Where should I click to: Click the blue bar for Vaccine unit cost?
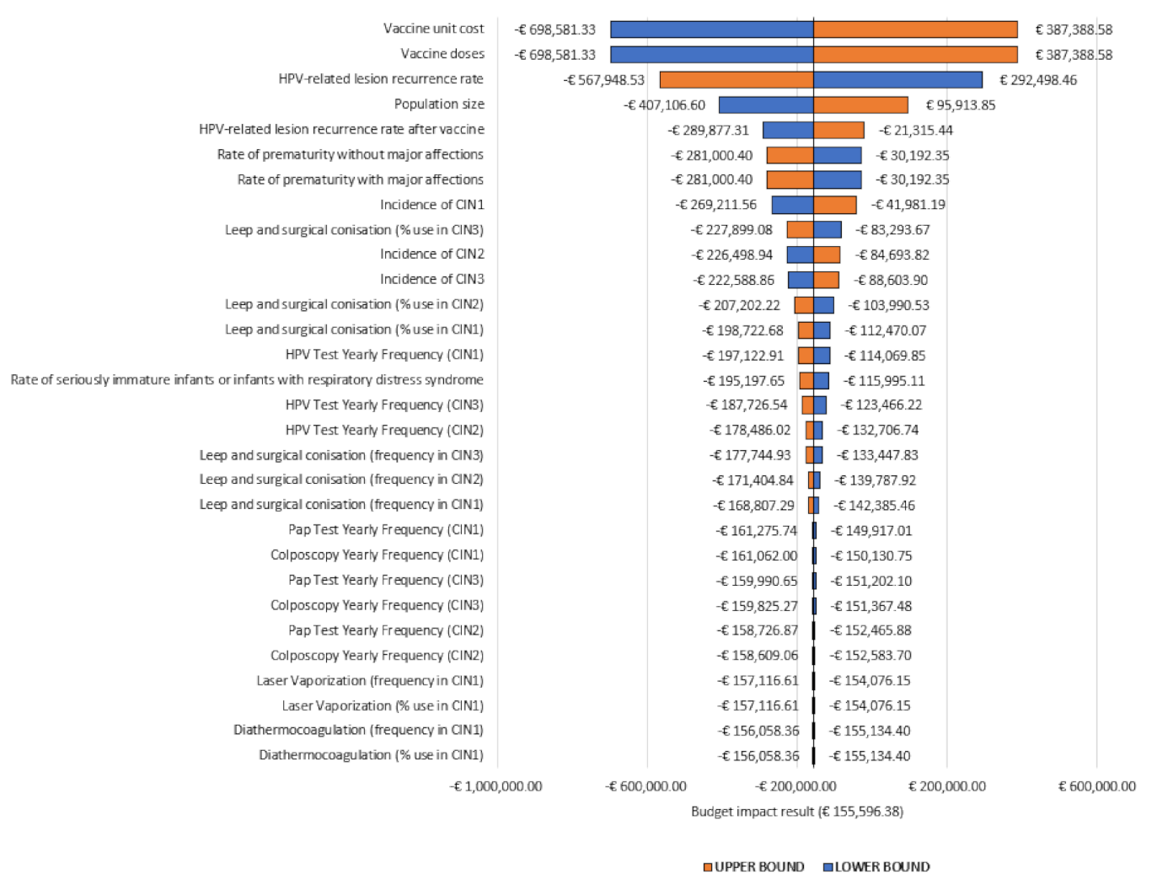(x=711, y=29)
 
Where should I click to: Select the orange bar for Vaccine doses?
(x=915, y=55)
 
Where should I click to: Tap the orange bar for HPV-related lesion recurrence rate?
(x=737, y=80)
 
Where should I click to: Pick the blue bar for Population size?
(x=765, y=105)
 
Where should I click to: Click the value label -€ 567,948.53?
(x=604, y=80)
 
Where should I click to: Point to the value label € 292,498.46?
(x=1037, y=80)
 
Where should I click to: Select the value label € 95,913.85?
(x=960, y=105)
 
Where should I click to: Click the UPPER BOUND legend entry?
(x=753, y=866)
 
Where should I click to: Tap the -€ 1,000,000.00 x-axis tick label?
(x=496, y=786)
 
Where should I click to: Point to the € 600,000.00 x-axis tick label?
(x=1096, y=786)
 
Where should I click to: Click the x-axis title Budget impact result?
(x=796, y=812)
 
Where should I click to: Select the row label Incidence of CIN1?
(x=431, y=205)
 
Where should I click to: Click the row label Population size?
(x=439, y=105)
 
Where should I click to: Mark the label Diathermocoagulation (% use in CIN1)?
(x=371, y=755)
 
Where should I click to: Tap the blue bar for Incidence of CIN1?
(x=792, y=205)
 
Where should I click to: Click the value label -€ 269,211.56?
(x=716, y=205)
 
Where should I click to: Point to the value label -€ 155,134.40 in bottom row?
(x=870, y=756)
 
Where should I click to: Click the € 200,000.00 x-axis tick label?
(x=946, y=786)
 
